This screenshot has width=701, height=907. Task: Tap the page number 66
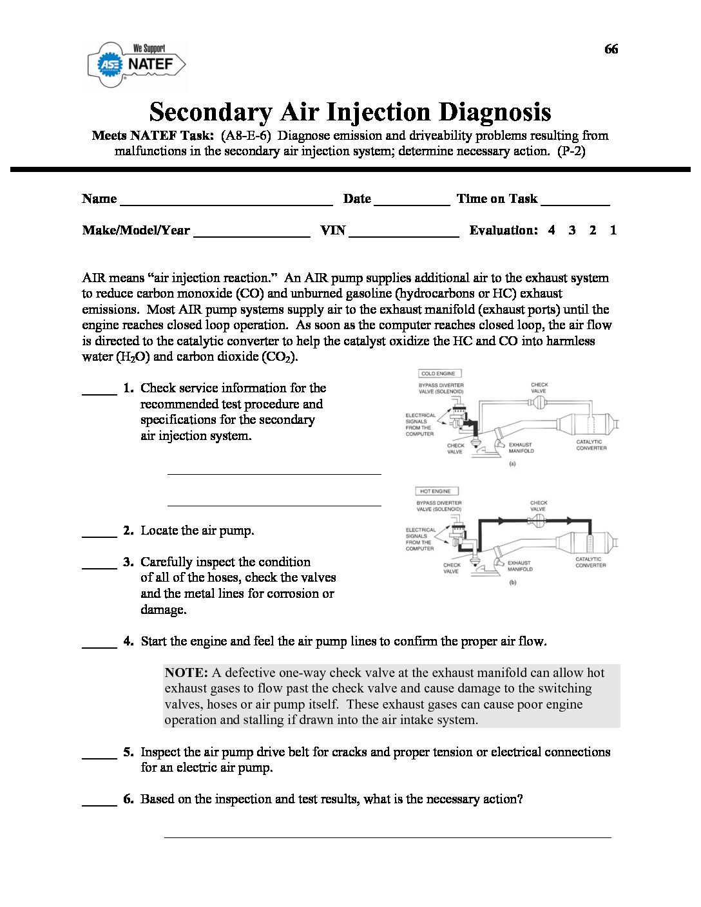click(x=611, y=50)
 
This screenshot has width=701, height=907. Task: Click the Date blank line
click(x=411, y=204)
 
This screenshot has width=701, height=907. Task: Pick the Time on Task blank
click(x=575, y=204)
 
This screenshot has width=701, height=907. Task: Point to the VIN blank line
click(x=403, y=236)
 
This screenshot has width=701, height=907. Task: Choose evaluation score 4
click(x=552, y=230)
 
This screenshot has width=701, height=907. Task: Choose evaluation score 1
click(x=613, y=230)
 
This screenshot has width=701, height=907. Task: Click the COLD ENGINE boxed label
click(x=438, y=374)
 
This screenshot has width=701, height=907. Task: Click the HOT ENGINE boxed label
click(x=436, y=491)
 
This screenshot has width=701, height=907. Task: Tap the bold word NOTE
click(x=186, y=673)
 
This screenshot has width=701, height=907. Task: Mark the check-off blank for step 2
click(x=99, y=535)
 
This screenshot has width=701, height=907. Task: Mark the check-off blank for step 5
click(x=99, y=757)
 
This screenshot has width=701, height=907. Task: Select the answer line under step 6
click(x=387, y=836)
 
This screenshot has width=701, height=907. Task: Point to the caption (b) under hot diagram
click(x=512, y=582)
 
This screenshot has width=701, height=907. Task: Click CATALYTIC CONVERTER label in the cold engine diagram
click(x=591, y=445)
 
